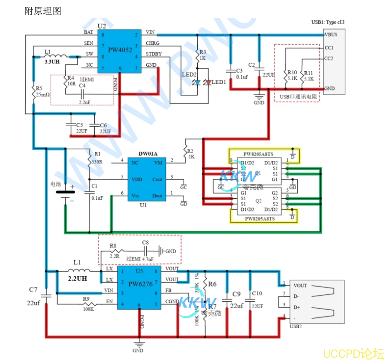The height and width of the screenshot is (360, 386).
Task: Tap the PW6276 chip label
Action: click(140, 284)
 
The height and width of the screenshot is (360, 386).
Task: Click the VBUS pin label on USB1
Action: click(331, 34)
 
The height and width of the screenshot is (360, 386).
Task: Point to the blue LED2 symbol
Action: click(196, 83)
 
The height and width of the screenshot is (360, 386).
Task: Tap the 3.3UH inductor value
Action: click(52, 62)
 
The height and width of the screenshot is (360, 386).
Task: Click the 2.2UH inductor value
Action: click(77, 278)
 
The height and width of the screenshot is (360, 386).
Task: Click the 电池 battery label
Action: click(56, 184)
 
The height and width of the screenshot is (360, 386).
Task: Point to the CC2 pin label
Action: click(329, 58)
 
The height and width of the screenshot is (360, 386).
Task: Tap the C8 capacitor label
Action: click(145, 243)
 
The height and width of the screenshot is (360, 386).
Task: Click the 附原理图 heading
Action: click(42, 11)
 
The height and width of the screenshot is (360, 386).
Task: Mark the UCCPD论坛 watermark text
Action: click(353, 353)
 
